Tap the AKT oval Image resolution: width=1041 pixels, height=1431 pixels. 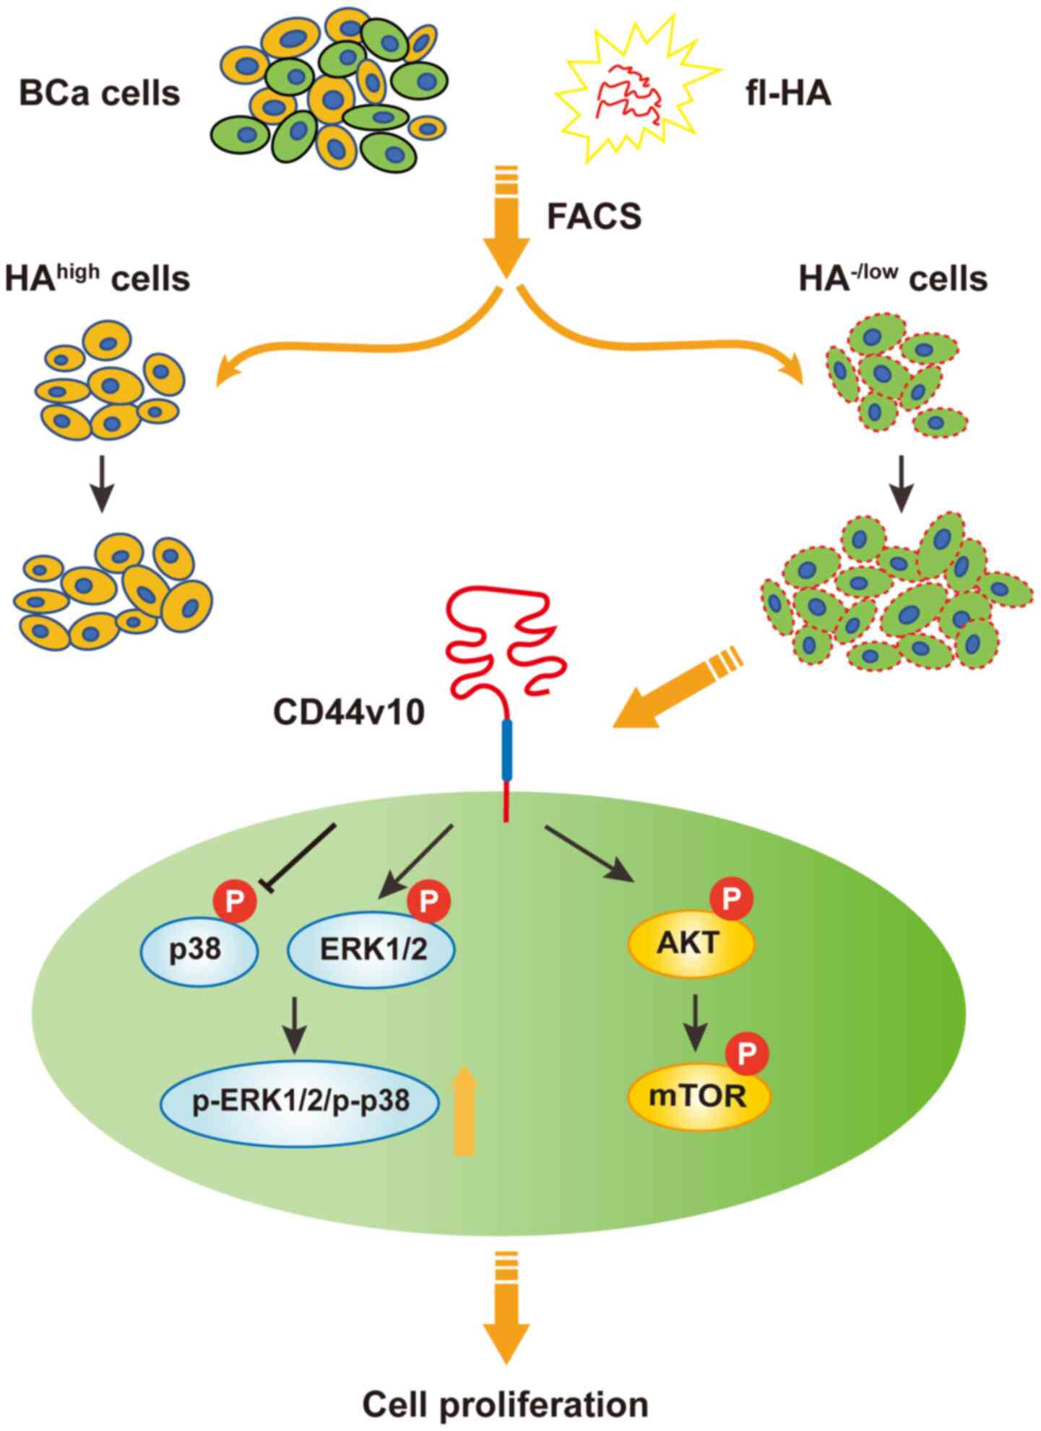click(691, 944)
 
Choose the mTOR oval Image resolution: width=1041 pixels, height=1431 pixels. click(697, 1097)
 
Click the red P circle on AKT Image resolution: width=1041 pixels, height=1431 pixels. click(732, 900)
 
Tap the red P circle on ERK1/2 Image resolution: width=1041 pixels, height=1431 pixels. click(429, 900)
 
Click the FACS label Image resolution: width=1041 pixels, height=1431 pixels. click(594, 216)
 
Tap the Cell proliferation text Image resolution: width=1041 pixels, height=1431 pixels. click(505, 1404)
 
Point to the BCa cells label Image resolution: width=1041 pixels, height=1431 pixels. click(100, 93)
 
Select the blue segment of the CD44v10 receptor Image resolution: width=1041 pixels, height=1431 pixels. click(507, 749)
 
